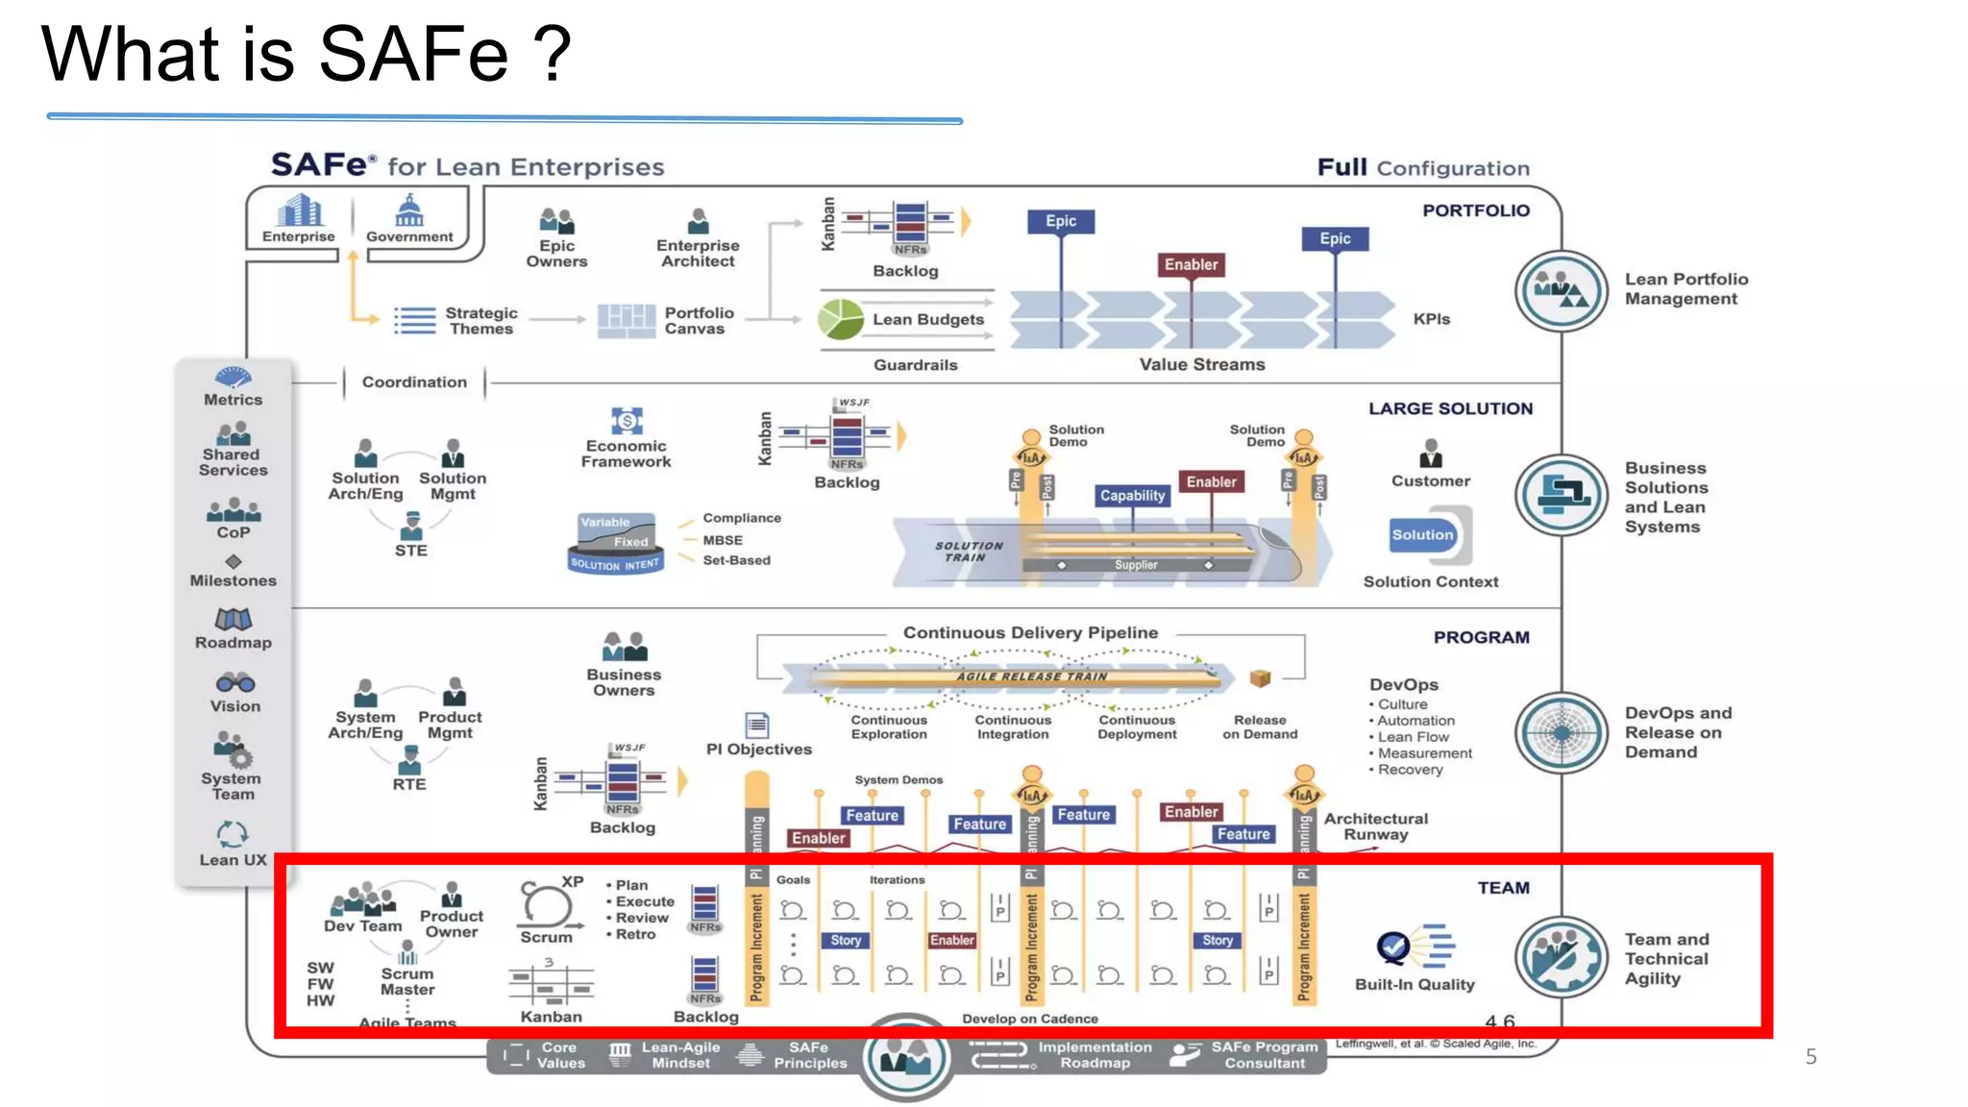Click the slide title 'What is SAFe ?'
306,54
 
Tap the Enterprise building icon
299,209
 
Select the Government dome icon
409,209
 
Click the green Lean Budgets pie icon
841,319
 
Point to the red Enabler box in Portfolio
1191,264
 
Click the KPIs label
1431,319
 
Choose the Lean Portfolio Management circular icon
1561,290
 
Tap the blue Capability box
1132,496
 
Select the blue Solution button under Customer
1422,535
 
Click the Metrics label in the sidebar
233,400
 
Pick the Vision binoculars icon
234,683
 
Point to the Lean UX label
233,860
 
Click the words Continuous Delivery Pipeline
1030,632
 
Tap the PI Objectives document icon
757,724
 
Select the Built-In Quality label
1414,984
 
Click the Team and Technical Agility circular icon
1561,957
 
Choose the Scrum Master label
407,981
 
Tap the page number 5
1810,1057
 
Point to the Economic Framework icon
627,421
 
